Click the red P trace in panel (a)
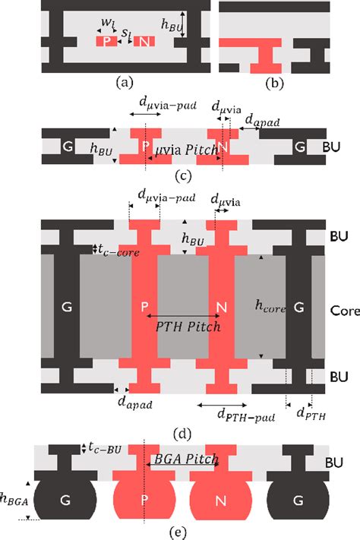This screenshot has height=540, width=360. (106, 41)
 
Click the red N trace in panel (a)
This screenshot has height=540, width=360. (144, 41)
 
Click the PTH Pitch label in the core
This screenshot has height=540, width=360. (188, 327)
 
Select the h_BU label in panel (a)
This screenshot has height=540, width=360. (201, 27)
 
